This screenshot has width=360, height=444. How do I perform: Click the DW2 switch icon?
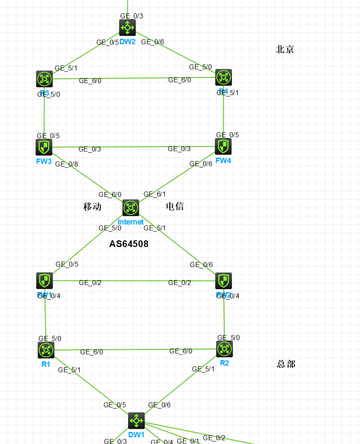127,28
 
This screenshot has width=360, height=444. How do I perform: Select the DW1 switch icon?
136,421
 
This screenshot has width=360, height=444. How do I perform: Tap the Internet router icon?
131,207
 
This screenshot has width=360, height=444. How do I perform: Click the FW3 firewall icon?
44,147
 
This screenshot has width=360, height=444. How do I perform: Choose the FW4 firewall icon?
223,146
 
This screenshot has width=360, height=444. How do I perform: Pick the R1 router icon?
46,350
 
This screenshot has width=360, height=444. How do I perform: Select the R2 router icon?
224,349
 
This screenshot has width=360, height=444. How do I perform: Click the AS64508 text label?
128,244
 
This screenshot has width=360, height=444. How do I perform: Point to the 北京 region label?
285,49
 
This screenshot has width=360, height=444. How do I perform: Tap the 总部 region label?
286,364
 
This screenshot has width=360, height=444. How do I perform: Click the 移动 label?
92,207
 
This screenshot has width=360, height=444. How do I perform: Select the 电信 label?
175,206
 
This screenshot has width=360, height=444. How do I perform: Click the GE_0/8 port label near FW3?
66,164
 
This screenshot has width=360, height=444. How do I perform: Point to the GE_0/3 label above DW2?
132,16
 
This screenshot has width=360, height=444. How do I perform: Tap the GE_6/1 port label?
154,194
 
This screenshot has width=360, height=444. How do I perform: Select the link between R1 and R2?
133,350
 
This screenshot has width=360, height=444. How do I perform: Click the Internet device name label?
131,222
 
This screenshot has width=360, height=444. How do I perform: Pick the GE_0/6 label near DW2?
153,42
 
